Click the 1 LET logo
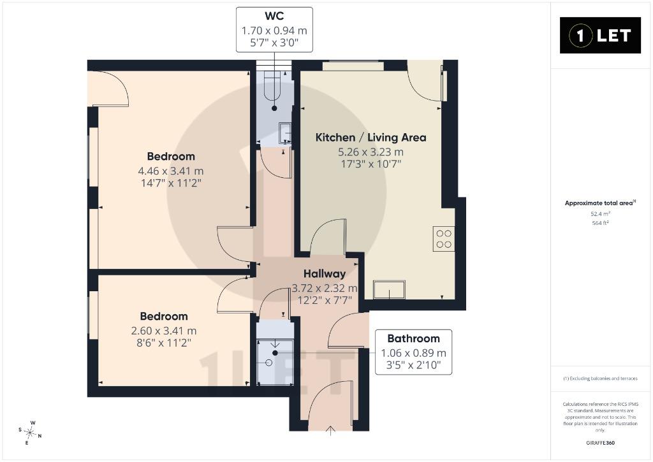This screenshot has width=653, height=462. (600, 36)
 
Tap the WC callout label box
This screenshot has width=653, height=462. (274, 29)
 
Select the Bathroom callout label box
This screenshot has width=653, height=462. (413, 352)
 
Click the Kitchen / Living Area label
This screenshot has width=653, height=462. (371, 138)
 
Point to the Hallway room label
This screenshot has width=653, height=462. (325, 273)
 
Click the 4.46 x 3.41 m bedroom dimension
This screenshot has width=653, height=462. (171, 171)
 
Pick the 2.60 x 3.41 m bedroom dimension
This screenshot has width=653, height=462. (164, 331)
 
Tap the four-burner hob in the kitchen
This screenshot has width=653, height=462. (444, 238)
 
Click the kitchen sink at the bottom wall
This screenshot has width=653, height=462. (390, 290)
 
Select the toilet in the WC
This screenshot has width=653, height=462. (274, 87)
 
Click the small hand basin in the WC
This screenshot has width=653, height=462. (285, 133)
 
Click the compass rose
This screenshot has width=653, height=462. (30, 433)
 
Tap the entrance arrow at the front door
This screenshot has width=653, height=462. (330, 431)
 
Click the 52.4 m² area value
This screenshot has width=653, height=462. (600, 214)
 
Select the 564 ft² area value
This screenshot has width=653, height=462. (600, 223)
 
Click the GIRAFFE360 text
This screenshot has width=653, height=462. (600, 443)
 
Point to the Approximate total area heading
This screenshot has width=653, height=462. (600, 203)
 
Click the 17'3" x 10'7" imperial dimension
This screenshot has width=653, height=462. (371, 164)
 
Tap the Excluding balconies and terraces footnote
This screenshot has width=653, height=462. (600, 379)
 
